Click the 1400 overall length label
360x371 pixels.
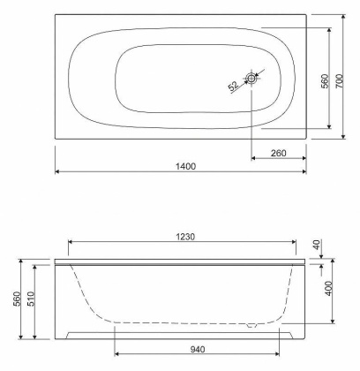(185, 166)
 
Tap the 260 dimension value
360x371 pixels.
(278, 153)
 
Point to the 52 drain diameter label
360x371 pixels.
(233, 86)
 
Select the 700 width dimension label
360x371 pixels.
(339, 81)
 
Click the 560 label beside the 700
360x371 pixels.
(325, 81)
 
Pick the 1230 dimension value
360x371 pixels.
(185, 237)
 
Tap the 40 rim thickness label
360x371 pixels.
(317, 245)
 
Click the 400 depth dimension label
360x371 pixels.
(329, 289)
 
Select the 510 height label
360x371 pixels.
(31, 299)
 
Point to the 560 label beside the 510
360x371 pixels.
(17, 299)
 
